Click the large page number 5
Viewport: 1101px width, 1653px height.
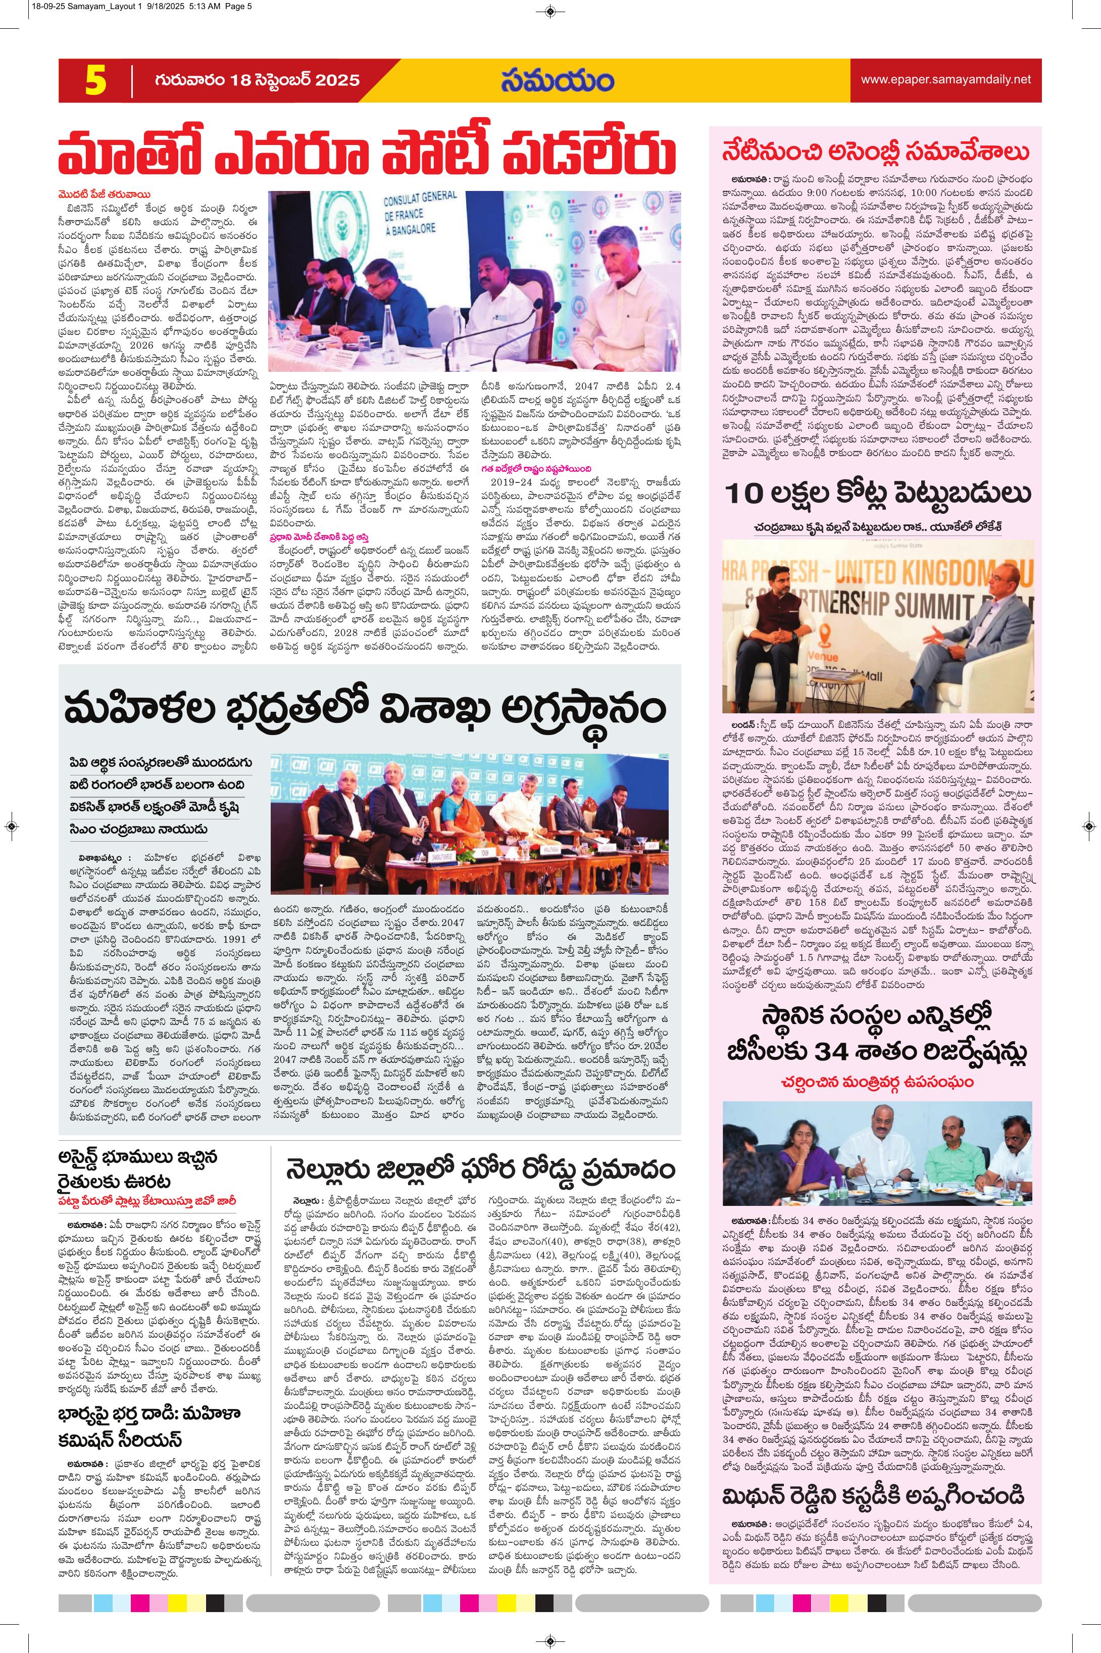95,81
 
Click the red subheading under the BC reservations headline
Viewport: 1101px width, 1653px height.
876,1082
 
